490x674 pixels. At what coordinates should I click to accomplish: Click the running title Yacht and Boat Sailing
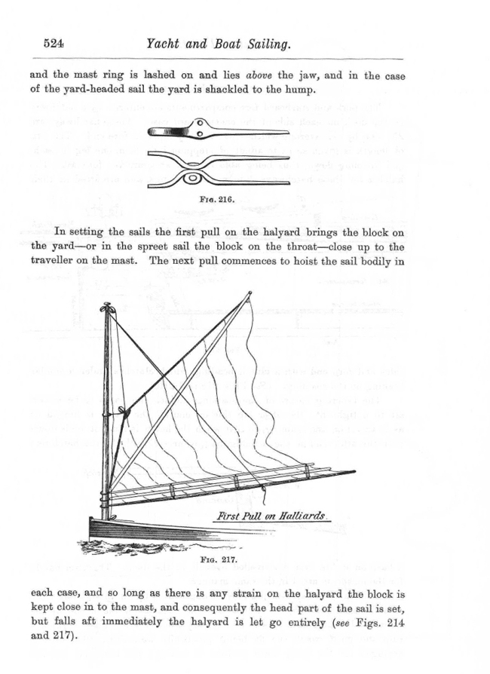[x=218, y=45]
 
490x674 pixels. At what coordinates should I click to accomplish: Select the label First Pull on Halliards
[x=269, y=516]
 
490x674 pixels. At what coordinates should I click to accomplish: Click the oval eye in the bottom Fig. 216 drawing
[x=191, y=179]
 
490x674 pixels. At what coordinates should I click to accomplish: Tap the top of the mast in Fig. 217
[x=106, y=308]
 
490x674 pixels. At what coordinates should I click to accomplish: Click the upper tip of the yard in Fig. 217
[x=250, y=294]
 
